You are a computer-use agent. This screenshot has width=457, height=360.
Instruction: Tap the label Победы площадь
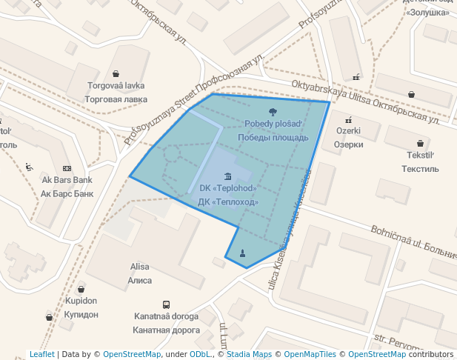pos(273,137)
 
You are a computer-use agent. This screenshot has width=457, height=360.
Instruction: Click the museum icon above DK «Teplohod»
pos(227,176)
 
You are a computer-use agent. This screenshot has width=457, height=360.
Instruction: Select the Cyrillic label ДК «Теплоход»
pos(228,201)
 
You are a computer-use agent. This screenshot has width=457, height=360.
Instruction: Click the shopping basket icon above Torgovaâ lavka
pos(116,73)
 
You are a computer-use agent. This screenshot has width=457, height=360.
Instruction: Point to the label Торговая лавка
pos(116,99)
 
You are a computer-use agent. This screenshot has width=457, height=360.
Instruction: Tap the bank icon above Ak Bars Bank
pos(67,168)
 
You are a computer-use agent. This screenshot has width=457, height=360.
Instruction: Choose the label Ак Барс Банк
pos(67,193)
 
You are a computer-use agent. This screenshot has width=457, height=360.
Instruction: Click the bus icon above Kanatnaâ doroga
pos(167,304)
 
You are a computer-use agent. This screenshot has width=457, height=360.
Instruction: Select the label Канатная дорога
pos(167,330)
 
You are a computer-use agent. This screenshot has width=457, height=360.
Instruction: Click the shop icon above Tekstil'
pos(421,144)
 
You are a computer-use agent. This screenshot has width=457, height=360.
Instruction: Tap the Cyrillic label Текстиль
pos(420,169)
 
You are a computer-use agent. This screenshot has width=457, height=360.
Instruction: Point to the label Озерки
pos(348,144)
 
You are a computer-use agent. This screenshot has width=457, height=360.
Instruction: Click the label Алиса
pos(140,281)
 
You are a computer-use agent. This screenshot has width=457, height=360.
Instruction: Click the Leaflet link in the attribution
pos(41,354)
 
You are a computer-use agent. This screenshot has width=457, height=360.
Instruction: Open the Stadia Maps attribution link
pos(249,354)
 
